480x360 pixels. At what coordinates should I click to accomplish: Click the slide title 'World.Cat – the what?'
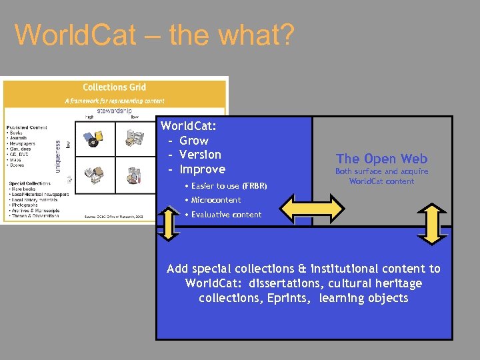pos(153,35)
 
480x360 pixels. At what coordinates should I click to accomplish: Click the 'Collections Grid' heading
pos(114,87)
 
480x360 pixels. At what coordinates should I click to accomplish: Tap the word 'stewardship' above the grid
pos(114,111)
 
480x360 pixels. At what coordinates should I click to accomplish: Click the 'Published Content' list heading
pos(27,127)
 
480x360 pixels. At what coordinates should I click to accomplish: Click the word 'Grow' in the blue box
pos(194,141)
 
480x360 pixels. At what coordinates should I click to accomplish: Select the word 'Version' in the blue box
pos(201,155)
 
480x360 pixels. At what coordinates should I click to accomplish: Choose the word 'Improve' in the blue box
pos(203,169)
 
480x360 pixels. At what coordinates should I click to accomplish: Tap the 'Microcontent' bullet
pos(215,200)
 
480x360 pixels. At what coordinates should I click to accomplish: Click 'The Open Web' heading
pos(381,159)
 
